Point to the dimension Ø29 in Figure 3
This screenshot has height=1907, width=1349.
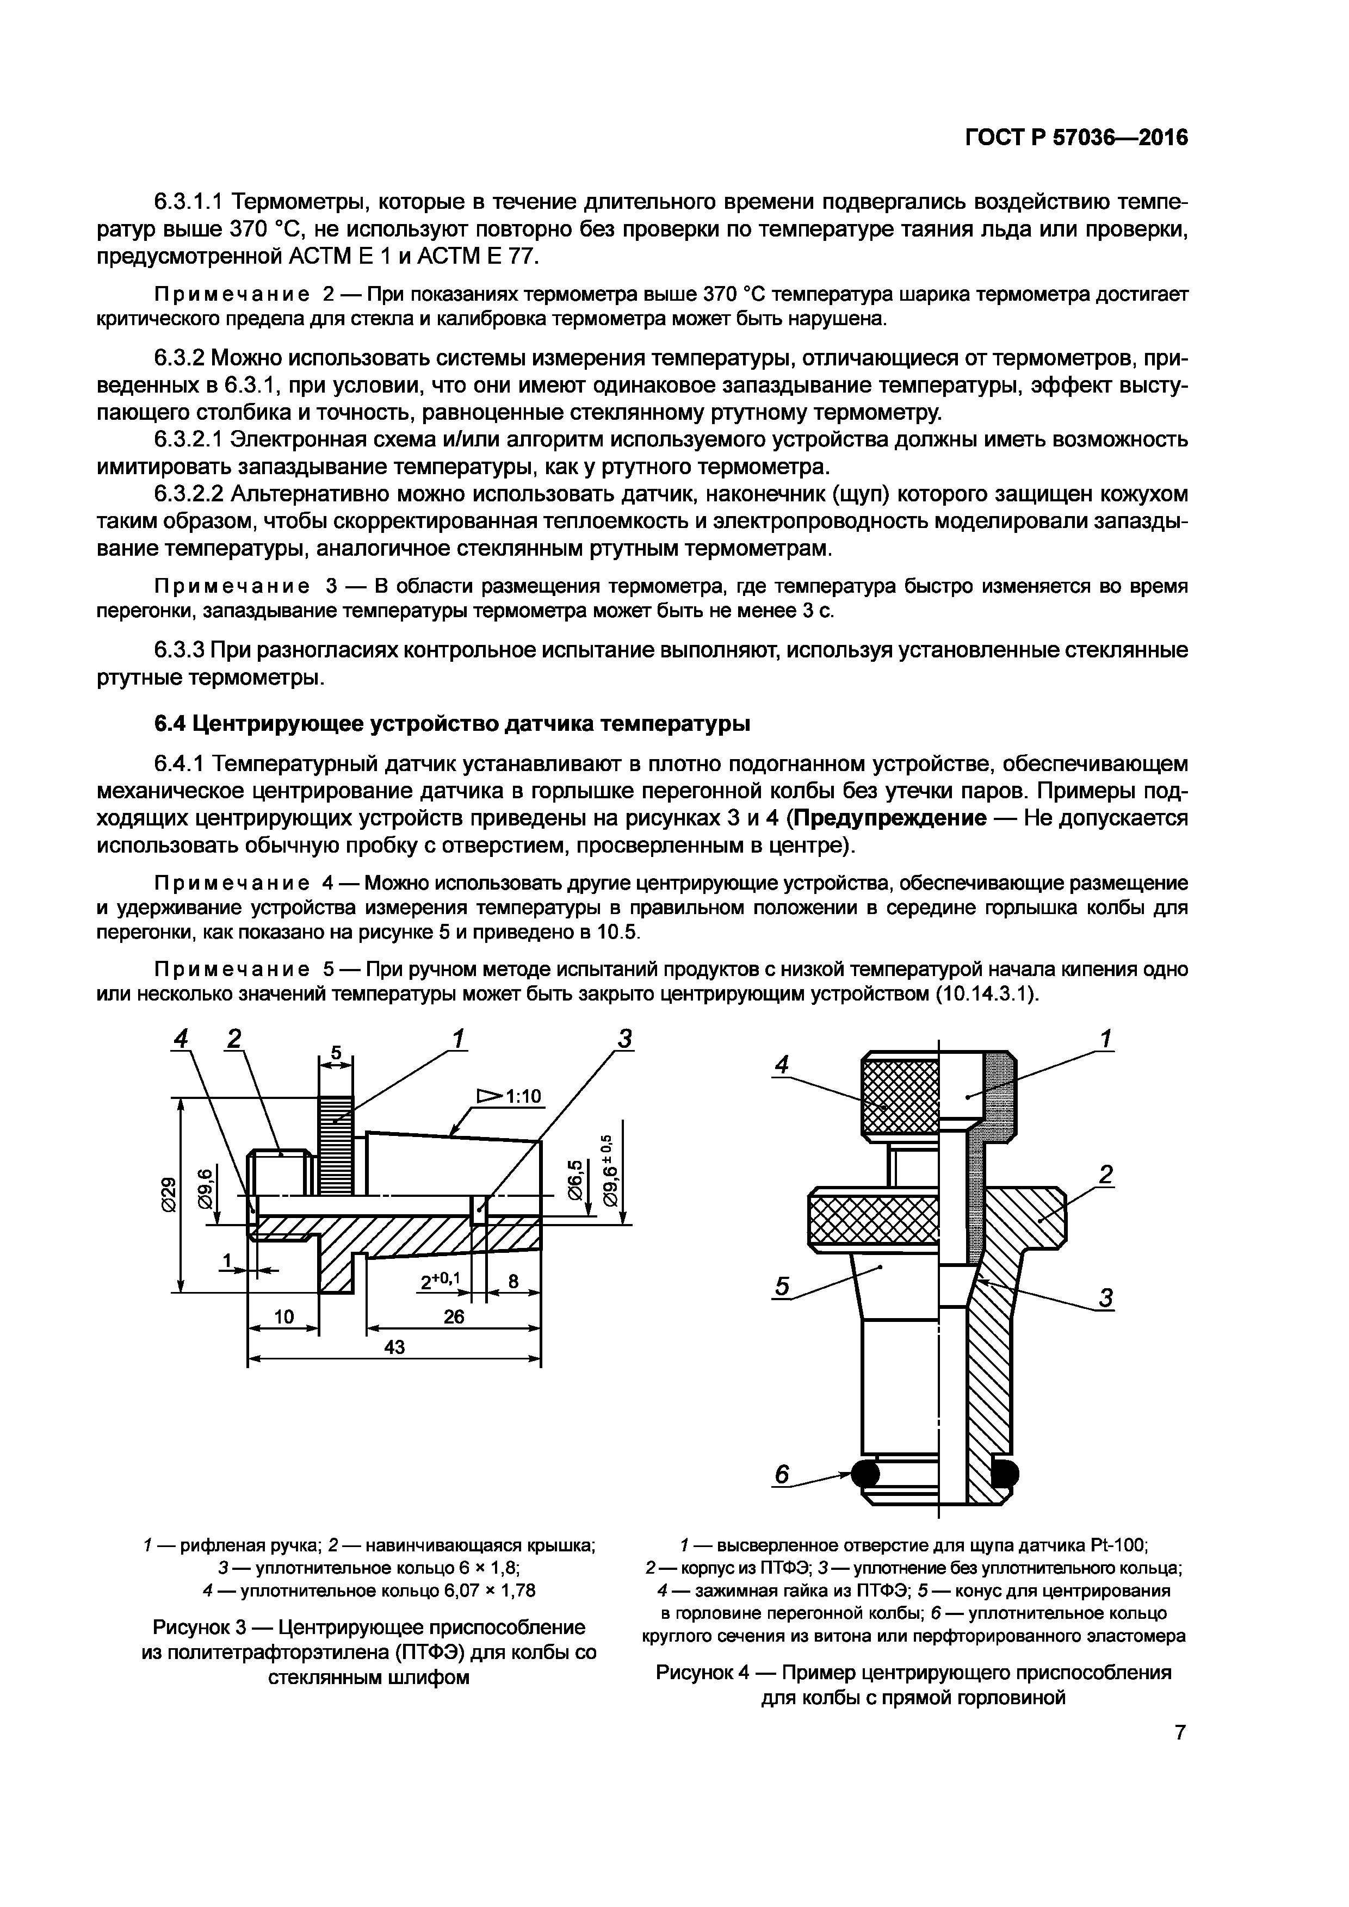[169, 1194]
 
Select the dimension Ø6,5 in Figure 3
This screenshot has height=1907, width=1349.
[574, 1179]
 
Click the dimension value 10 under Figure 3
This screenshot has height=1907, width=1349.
[284, 1316]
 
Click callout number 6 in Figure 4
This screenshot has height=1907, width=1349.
[781, 1474]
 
